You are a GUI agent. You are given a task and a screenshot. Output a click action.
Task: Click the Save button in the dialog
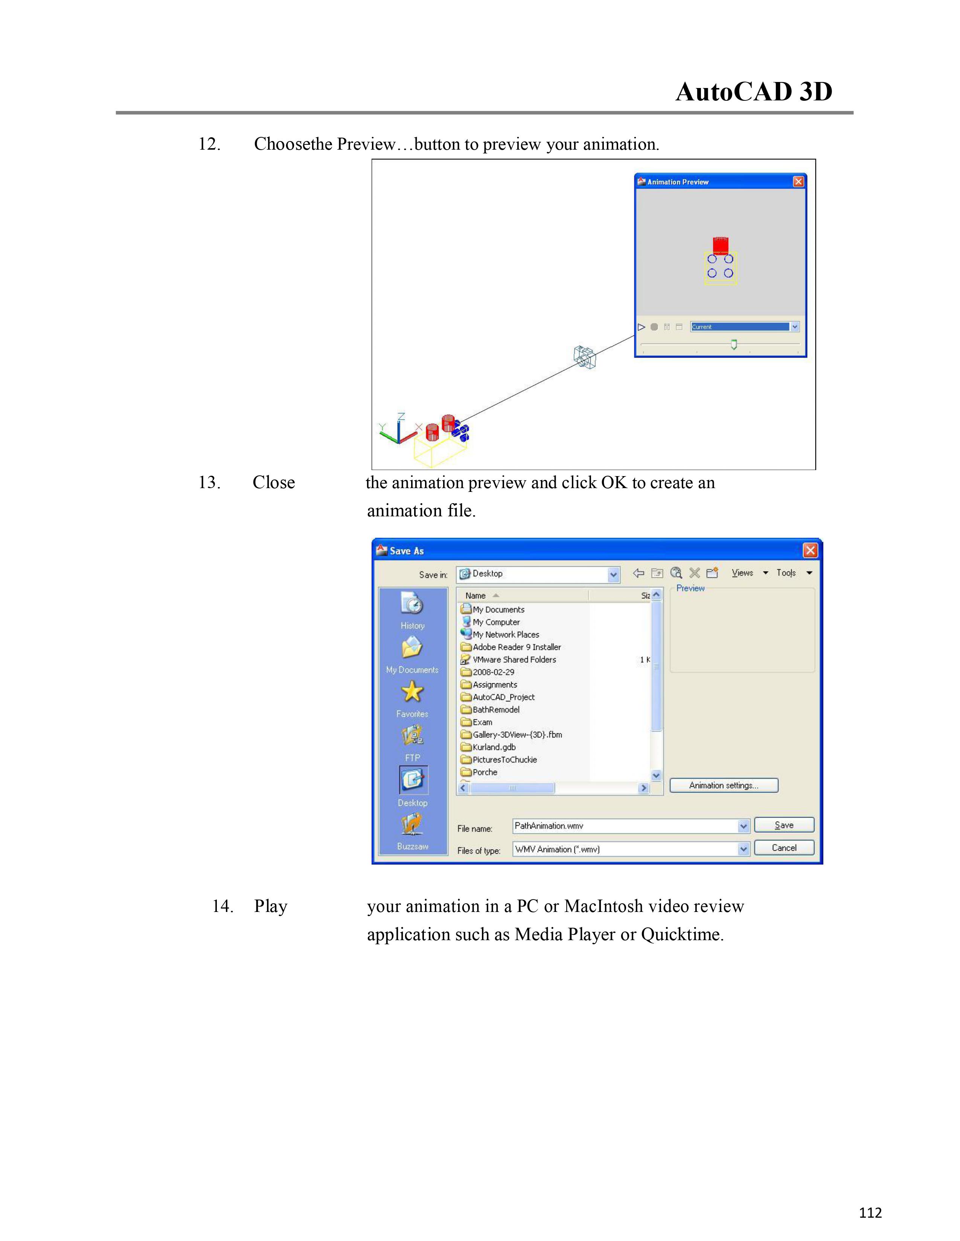click(x=784, y=825)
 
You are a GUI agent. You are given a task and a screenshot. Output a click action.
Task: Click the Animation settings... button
click(x=724, y=785)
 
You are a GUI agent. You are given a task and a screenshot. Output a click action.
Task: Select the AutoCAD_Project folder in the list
click(x=503, y=697)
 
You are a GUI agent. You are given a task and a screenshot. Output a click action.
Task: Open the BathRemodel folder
click(x=495, y=710)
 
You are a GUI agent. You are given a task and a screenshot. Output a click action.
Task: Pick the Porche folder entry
click(x=485, y=772)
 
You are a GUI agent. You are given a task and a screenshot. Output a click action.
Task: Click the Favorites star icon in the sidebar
click(x=412, y=693)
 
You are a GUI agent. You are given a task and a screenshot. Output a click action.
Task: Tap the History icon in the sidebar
click(x=412, y=605)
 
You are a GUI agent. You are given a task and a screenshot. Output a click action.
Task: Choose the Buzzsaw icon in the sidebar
click(x=412, y=824)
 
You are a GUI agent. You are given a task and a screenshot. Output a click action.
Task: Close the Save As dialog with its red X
click(x=810, y=550)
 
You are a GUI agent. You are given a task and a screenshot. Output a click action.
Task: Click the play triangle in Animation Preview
click(x=641, y=327)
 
